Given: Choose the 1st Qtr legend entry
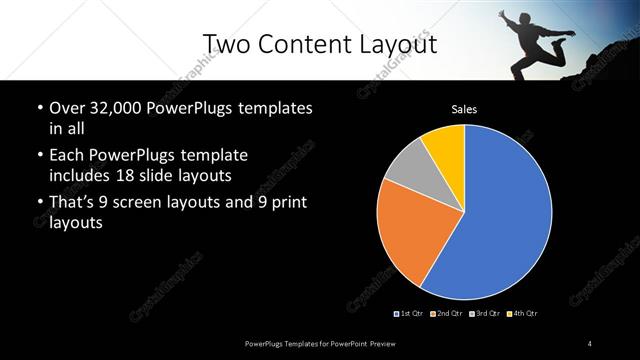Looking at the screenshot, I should [411, 314].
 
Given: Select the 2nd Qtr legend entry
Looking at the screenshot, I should [446, 314].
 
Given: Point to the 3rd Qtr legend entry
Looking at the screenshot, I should [484, 314].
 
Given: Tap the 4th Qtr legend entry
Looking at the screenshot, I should [522, 314].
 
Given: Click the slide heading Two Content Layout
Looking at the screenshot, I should [319, 43].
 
